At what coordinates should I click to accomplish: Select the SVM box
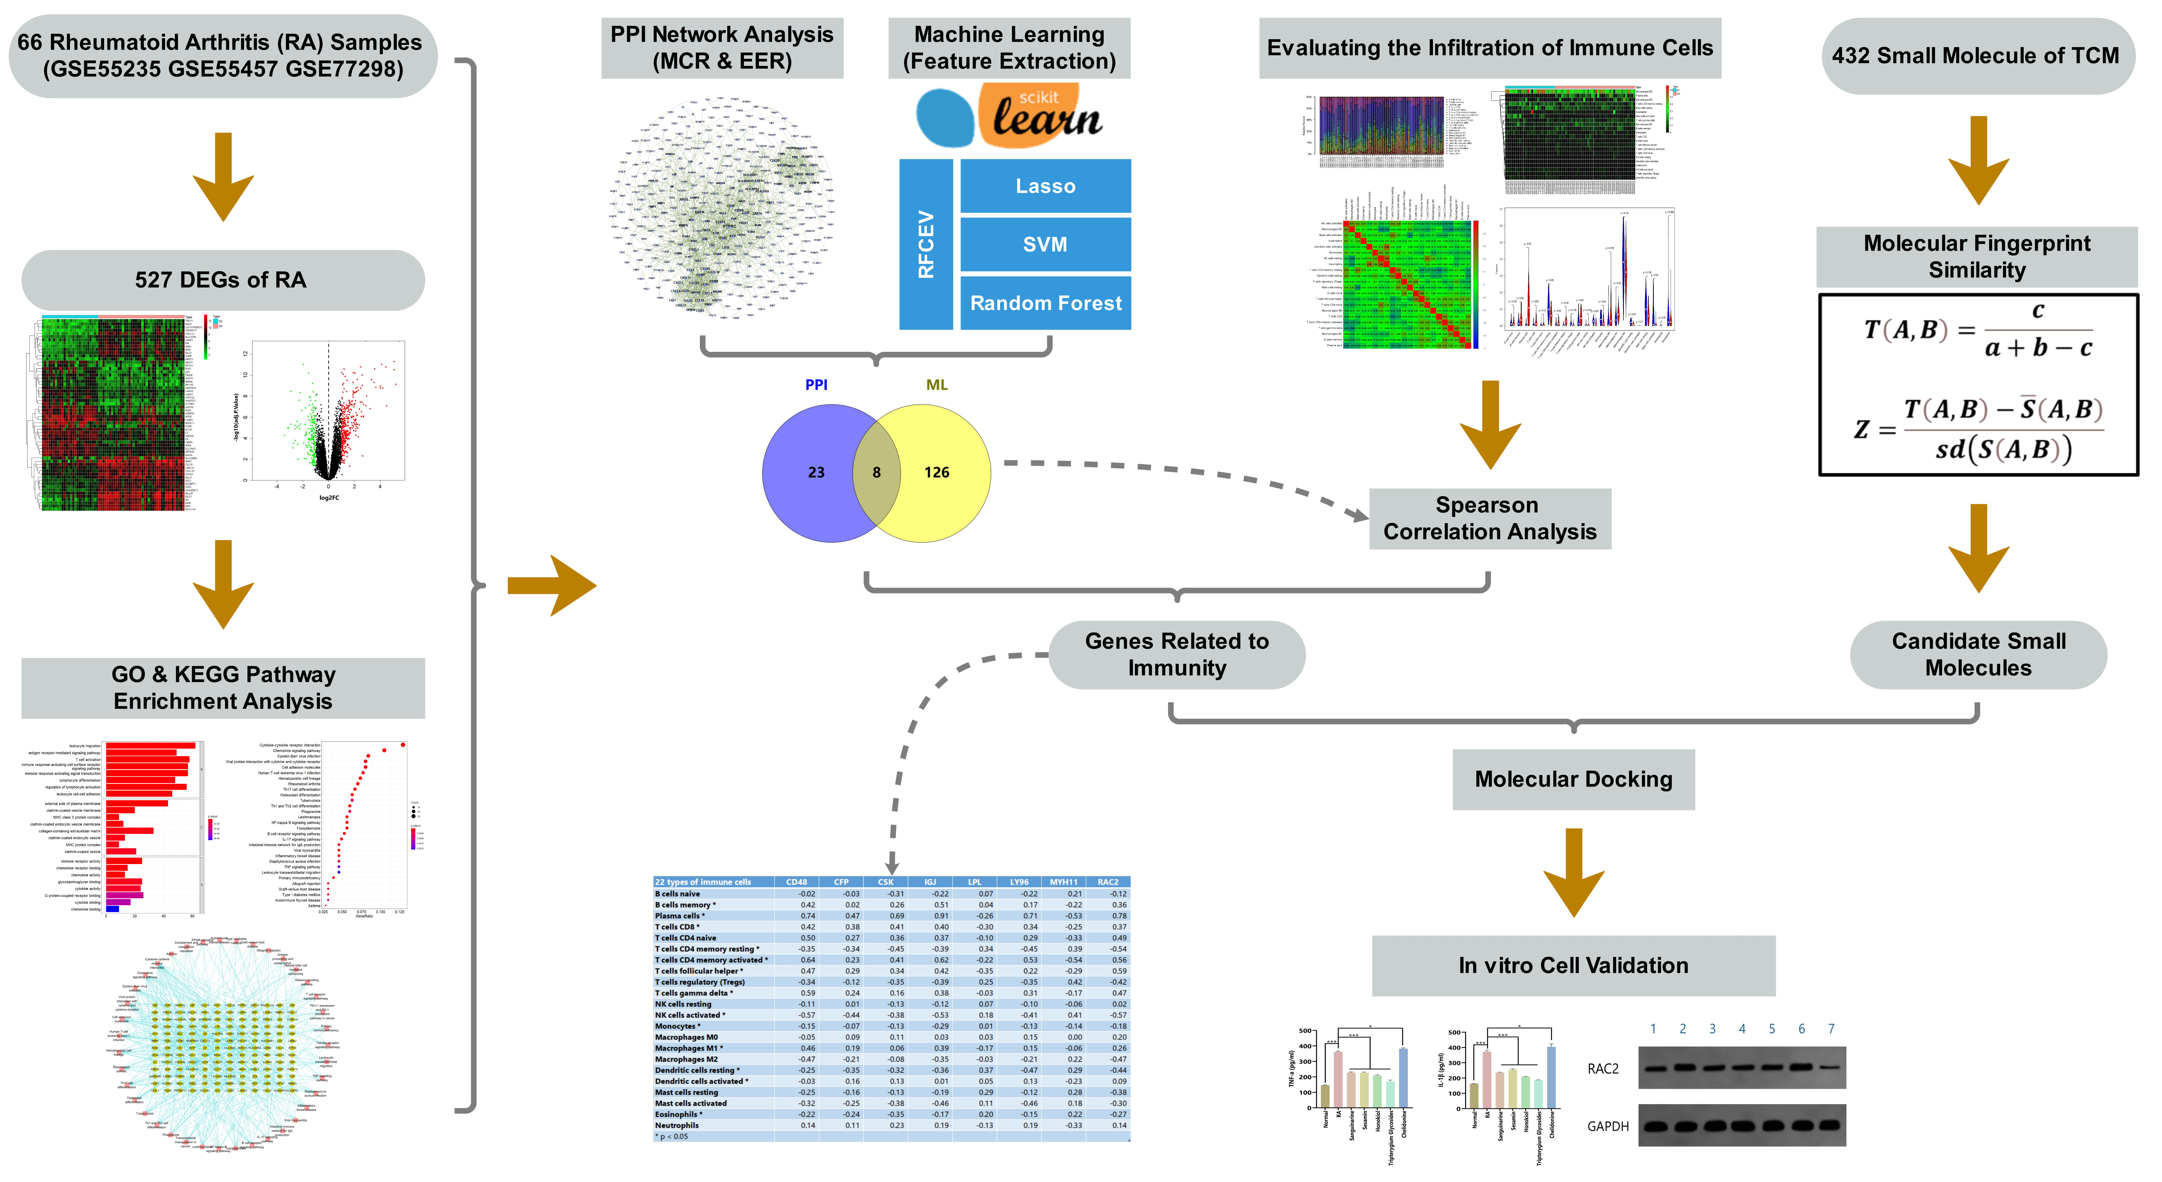pos(1045,244)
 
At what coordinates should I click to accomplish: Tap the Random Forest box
pos(1045,303)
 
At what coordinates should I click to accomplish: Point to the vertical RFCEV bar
pos(926,244)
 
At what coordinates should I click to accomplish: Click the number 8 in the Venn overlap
pos(876,473)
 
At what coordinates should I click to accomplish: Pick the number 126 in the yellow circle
pos(937,473)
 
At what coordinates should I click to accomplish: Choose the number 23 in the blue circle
pos(816,473)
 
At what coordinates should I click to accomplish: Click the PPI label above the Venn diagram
pos(816,384)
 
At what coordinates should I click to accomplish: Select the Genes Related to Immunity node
pos(1177,655)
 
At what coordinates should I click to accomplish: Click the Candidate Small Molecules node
pos(1978,655)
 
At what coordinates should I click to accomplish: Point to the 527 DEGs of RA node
pos(222,279)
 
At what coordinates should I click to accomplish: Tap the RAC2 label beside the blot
pos(1602,1069)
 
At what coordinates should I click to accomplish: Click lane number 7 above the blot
pos(1831,1029)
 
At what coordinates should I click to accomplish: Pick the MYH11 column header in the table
pos(1063,882)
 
